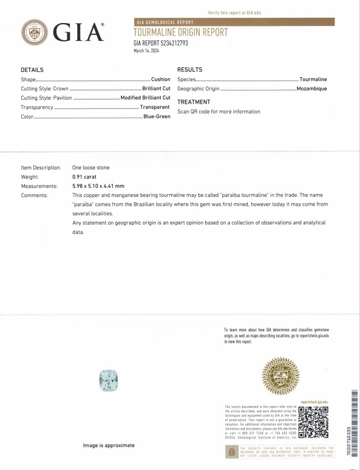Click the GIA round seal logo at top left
pyautogui.click(x=35, y=31)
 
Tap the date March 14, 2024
pyautogui.click(x=146, y=51)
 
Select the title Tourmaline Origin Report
pyautogui.click(x=180, y=32)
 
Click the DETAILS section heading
pyautogui.click(x=33, y=69)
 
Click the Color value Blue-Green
pyautogui.click(x=156, y=116)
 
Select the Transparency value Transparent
pyautogui.click(x=154, y=107)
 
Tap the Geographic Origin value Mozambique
pyautogui.click(x=312, y=89)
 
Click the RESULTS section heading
pyautogui.click(x=190, y=69)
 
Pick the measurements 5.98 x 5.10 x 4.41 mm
pyautogui.click(x=98, y=186)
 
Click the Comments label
pyautogui.click(x=35, y=195)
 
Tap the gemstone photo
pyautogui.click(x=108, y=381)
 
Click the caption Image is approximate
pyautogui.click(x=109, y=445)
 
